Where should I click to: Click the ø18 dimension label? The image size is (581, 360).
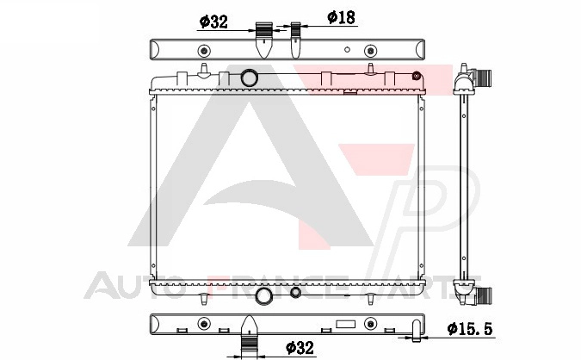point(341,17)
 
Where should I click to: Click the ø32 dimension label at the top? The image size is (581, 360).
point(213,22)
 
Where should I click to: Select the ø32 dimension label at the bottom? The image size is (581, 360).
point(300,347)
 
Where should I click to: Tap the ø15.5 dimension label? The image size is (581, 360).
point(470,328)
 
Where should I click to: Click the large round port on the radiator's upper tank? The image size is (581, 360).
point(249,78)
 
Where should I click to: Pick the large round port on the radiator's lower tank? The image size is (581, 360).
point(264,295)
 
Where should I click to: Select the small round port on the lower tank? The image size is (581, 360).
point(295,292)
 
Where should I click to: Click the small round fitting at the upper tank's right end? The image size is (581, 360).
point(417,76)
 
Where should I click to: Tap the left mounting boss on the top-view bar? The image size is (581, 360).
point(204,51)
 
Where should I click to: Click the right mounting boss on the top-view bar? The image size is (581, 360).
point(370,51)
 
